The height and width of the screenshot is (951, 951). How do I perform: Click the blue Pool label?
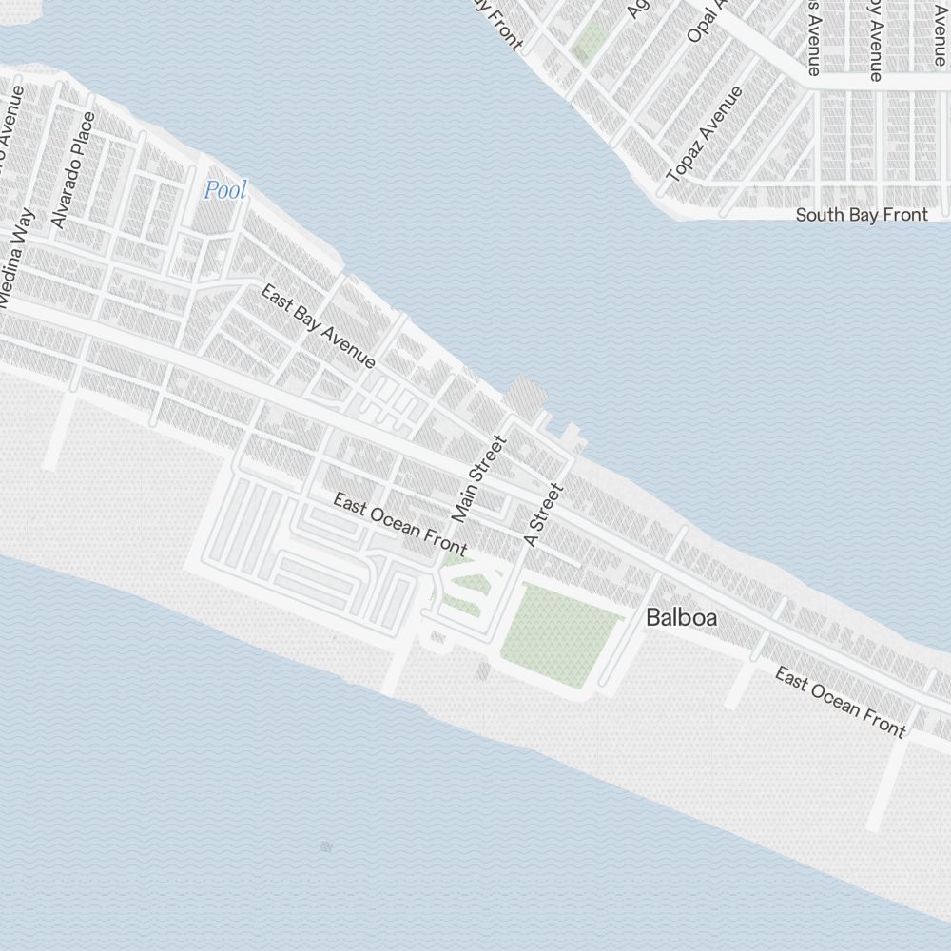click(225, 190)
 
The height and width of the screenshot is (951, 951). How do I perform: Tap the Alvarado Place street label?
click(74, 170)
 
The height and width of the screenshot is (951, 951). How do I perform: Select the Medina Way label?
click(18, 258)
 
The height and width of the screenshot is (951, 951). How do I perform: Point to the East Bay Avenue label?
click(318, 326)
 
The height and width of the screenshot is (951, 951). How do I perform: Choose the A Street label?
click(545, 514)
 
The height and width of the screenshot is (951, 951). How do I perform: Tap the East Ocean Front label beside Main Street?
click(399, 524)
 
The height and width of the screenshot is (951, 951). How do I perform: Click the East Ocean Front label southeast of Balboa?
click(840, 702)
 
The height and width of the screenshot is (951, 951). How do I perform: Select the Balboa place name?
click(681, 617)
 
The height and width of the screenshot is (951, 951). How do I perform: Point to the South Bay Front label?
click(861, 215)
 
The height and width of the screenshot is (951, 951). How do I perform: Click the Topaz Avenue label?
click(705, 134)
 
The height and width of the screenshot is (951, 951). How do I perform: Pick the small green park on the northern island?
click(592, 42)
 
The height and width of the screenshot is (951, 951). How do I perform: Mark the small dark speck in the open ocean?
click(326, 845)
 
